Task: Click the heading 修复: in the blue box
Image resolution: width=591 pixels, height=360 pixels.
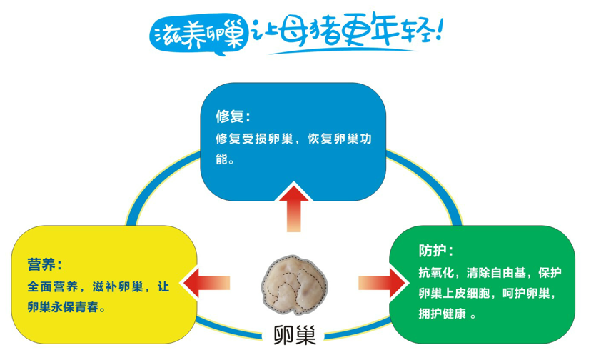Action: pyautogui.click(x=233, y=116)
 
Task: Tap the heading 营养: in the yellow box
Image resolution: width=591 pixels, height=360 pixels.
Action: pyautogui.click(x=44, y=264)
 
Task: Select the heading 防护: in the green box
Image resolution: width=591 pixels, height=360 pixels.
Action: pyautogui.click(x=435, y=250)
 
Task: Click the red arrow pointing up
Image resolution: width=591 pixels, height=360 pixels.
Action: pyautogui.click(x=293, y=208)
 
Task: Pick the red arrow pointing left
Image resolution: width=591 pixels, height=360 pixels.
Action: pyautogui.click(x=205, y=283)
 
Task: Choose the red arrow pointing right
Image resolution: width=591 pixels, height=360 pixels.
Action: pyautogui.click(x=383, y=283)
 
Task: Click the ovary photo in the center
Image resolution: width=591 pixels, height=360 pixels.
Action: pyautogui.click(x=294, y=285)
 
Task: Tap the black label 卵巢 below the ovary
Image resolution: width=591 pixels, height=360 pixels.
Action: pyautogui.click(x=294, y=334)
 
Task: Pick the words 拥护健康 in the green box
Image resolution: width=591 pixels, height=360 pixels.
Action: pyautogui.click(x=442, y=313)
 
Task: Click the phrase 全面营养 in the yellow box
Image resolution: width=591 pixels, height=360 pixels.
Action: pyautogui.click(x=53, y=286)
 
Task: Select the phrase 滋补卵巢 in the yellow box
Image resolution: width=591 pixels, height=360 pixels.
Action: pyautogui.click(x=118, y=286)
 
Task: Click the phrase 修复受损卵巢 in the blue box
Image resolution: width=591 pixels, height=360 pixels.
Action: pyautogui.click(x=254, y=139)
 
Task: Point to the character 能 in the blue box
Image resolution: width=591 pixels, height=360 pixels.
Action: pyautogui.click(x=221, y=159)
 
